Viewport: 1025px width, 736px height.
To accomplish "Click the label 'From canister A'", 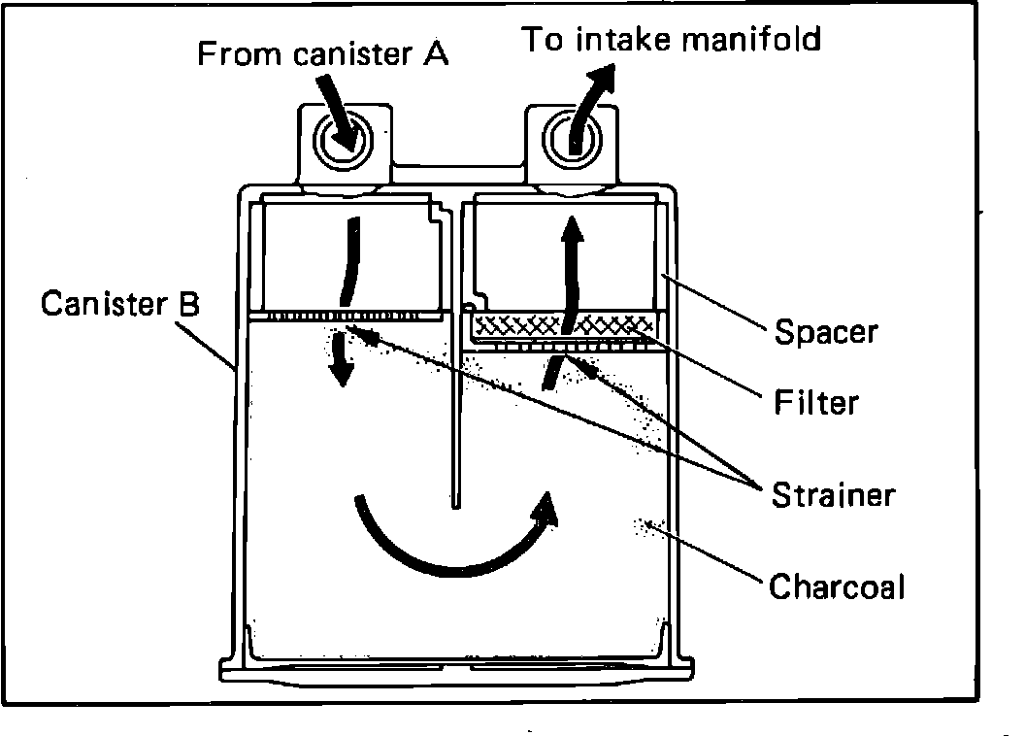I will coord(322,53).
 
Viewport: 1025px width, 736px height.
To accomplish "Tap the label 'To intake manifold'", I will coord(672,39).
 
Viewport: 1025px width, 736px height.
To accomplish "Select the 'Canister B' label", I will coord(120,304).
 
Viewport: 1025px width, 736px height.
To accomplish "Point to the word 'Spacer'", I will coord(826,332).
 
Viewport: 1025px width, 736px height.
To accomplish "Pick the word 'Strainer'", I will coord(833,495).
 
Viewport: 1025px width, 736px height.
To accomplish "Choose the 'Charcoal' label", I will coord(837,586).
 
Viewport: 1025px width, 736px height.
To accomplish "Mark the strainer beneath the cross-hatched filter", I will coord(563,345).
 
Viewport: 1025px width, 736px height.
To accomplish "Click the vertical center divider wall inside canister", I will coord(454,408).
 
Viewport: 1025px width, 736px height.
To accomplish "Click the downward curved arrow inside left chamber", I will coord(345,262).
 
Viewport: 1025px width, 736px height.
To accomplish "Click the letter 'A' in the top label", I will coord(436,53).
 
